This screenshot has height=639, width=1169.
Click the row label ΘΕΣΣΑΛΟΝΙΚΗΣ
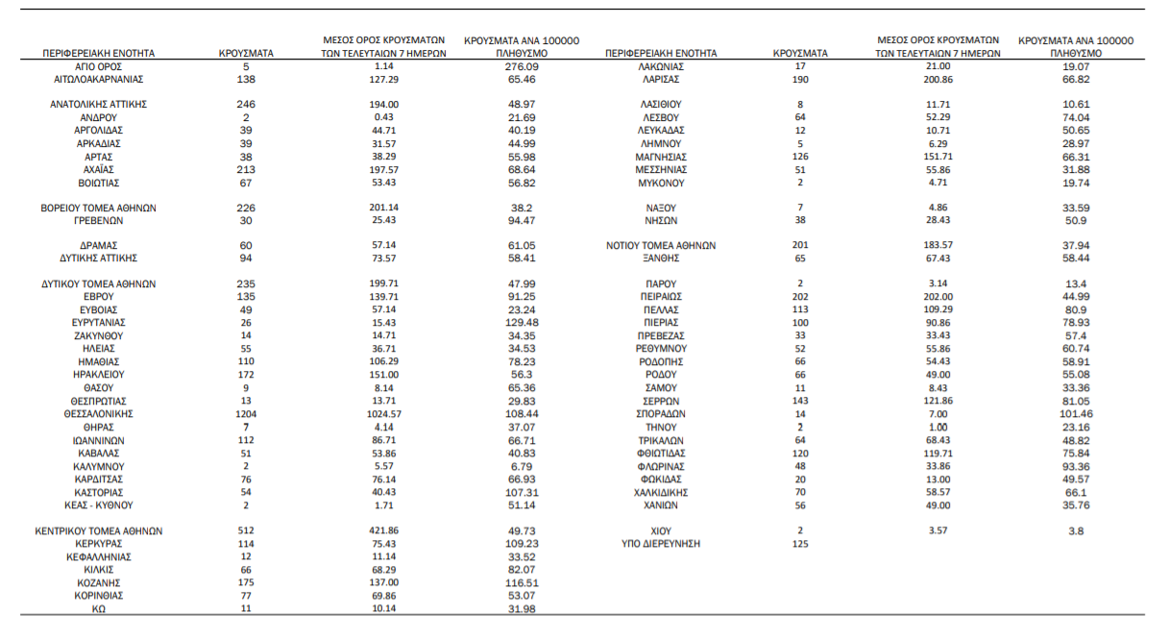click(100, 414)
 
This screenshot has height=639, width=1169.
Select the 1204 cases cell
click(246, 414)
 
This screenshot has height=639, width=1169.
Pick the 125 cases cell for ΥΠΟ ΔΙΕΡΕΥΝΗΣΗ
click(800, 544)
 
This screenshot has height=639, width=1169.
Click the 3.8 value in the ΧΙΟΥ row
click(1076, 530)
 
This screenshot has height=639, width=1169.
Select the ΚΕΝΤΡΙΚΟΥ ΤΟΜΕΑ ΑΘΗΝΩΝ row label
click(100, 530)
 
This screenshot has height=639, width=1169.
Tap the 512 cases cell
click(246, 530)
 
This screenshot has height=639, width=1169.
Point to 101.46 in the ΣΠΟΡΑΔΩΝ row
click(1076, 414)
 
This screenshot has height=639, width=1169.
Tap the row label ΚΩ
click(100, 608)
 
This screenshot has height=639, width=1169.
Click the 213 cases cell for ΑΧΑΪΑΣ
click(246, 169)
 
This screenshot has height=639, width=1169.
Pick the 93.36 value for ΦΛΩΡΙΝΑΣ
click(1076, 466)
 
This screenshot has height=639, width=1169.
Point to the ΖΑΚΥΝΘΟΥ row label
click(100, 336)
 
